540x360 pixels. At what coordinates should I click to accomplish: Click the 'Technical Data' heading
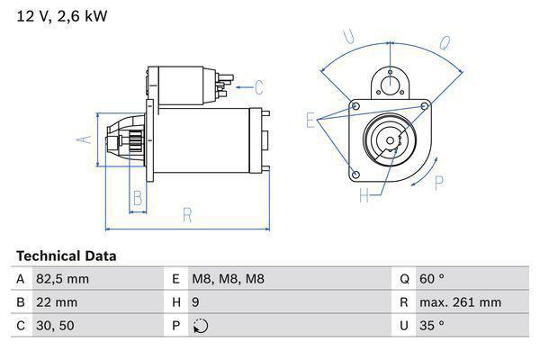(x=66, y=256)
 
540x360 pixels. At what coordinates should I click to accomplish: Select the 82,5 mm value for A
(x=61, y=279)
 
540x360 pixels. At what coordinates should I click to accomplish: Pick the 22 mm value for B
(x=56, y=302)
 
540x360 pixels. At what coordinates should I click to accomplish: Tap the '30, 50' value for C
(x=55, y=326)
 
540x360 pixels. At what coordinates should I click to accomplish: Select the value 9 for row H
(x=197, y=302)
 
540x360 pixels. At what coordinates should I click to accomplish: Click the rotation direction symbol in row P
(x=200, y=326)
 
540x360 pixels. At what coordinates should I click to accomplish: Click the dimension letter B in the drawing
(x=138, y=198)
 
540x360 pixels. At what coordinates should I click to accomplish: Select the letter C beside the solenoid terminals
(x=258, y=87)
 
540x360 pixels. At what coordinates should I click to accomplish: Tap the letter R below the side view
(x=186, y=216)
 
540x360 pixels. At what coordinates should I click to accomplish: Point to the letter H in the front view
(x=364, y=195)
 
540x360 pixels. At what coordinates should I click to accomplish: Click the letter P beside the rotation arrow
(x=439, y=183)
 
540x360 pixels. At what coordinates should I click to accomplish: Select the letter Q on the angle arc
(x=445, y=41)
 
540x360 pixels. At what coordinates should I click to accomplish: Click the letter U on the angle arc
(x=348, y=38)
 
